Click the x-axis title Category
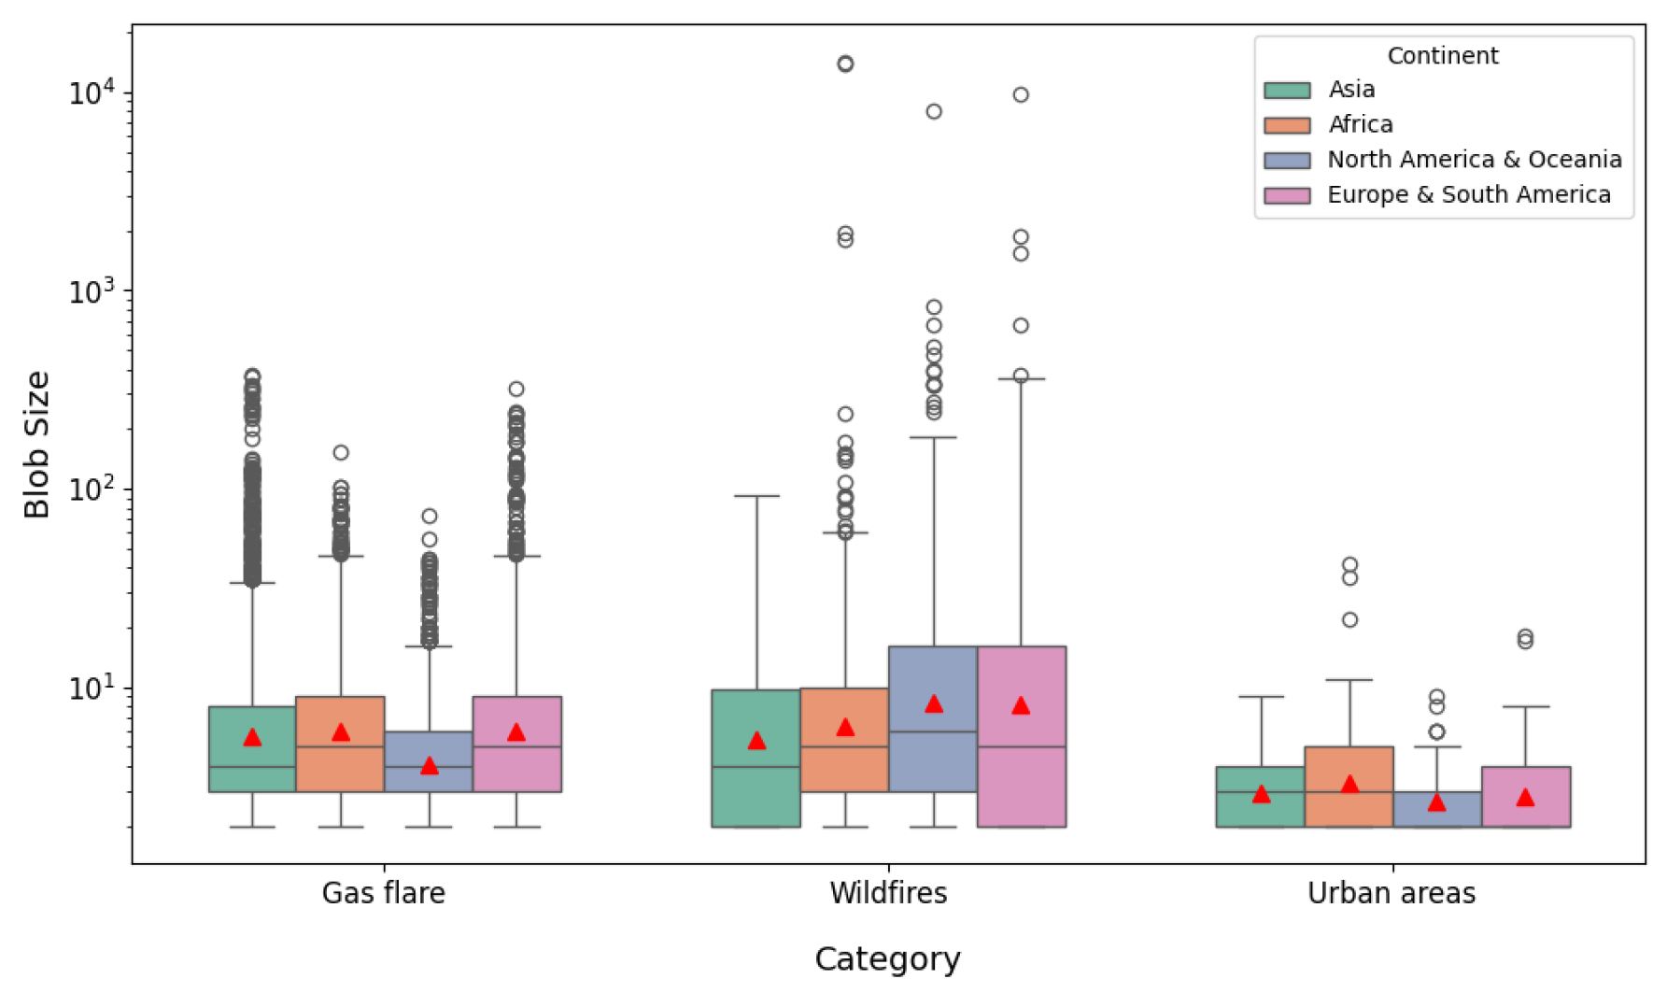pyautogui.click(x=887, y=959)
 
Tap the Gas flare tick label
pyautogui.click(x=383, y=893)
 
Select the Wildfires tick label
pyautogui.click(x=888, y=893)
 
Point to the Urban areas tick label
pyautogui.click(x=1392, y=893)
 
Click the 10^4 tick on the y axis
pyautogui.click(x=92, y=92)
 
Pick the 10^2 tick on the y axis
pyautogui.click(x=92, y=489)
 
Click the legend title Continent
pyautogui.click(x=1442, y=56)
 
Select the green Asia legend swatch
pyautogui.click(x=1287, y=91)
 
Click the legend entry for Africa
pyautogui.click(x=1360, y=124)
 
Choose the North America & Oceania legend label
pyautogui.click(x=1474, y=160)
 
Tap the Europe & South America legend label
pyautogui.click(x=1468, y=195)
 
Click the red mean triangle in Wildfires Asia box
pyautogui.click(x=756, y=741)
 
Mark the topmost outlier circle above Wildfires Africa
pyautogui.click(x=845, y=64)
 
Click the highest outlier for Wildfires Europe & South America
pyautogui.click(x=1021, y=94)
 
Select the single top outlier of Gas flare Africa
pyautogui.click(x=341, y=452)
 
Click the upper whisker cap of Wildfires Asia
pyautogui.click(x=756, y=496)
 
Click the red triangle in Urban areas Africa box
pyautogui.click(x=1349, y=784)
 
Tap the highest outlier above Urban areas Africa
pyautogui.click(x=1349, y=564)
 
